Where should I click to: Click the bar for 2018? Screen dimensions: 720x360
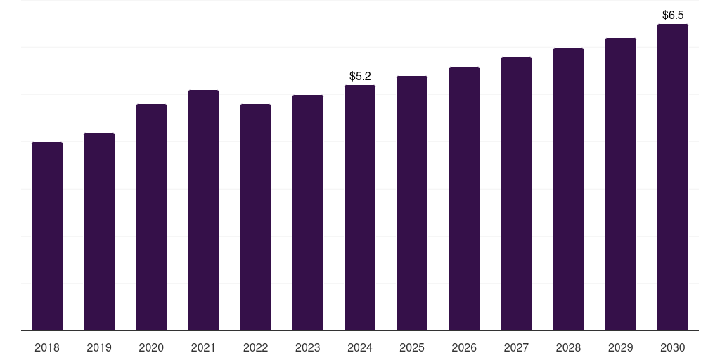(x=47, y=236)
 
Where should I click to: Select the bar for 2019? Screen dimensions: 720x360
(x=99, y=232)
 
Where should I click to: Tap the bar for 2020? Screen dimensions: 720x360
(x=152, y=217)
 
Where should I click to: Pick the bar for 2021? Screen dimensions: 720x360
(x=203, y=210)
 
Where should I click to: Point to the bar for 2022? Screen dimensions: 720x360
(x=255, y=217)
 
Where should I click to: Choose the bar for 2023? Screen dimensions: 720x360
(x=308, y=212)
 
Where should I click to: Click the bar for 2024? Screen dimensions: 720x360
(x=360, y=208)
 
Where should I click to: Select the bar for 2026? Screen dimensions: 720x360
(x=464, y=199)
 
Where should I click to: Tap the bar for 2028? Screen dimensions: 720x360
(x=568, y=189)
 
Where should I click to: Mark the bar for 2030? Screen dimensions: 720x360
(x=673, y=177)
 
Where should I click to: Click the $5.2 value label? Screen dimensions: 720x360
(x=360, y=76)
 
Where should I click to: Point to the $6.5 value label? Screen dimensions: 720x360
(x=673, y=15)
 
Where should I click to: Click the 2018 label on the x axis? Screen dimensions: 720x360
(x=47, y=347)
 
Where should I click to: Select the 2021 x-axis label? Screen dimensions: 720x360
(x=203, y=347)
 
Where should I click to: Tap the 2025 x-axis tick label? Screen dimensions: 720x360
(x=412, y=347)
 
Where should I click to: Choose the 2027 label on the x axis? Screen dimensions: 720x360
(x=516, y=347)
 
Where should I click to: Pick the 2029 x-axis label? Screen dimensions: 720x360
(x=620, y=347)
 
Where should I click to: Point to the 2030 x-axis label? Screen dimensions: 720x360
(x=673, y=347)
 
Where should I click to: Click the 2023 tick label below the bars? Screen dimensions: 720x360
(x=308, y=347)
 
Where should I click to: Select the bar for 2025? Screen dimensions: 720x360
(x=412, y=203)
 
